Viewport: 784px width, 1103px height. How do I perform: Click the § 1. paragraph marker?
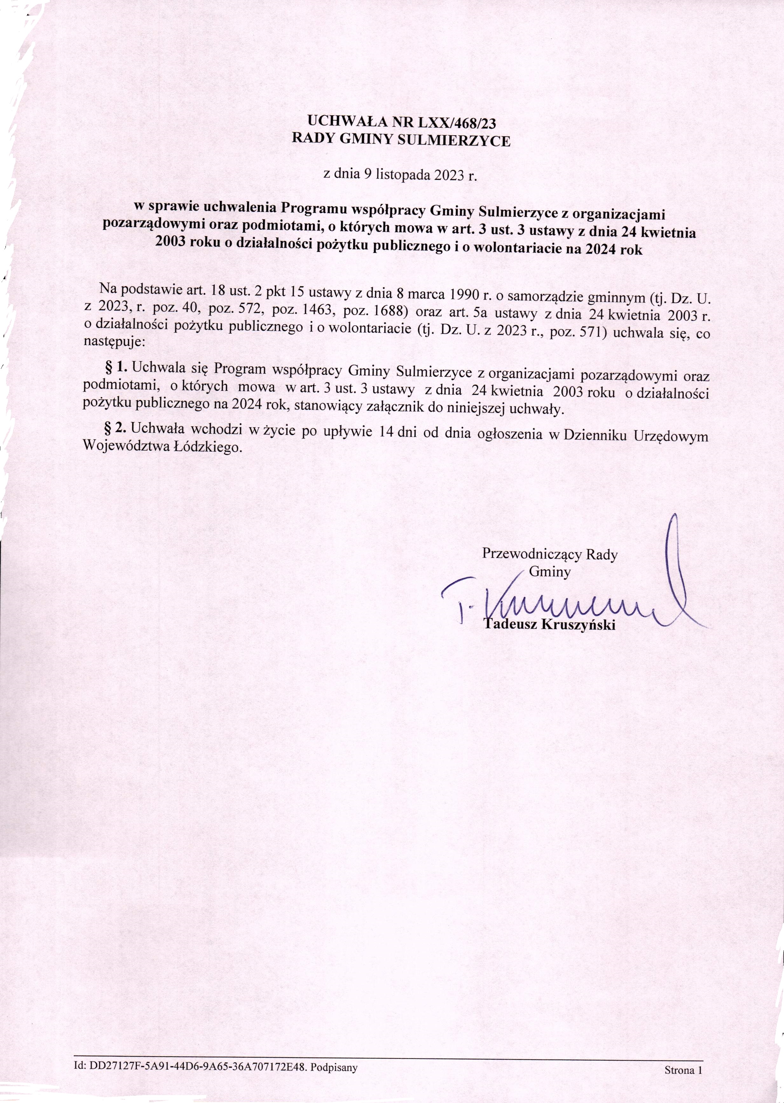[x=115, y=368]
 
